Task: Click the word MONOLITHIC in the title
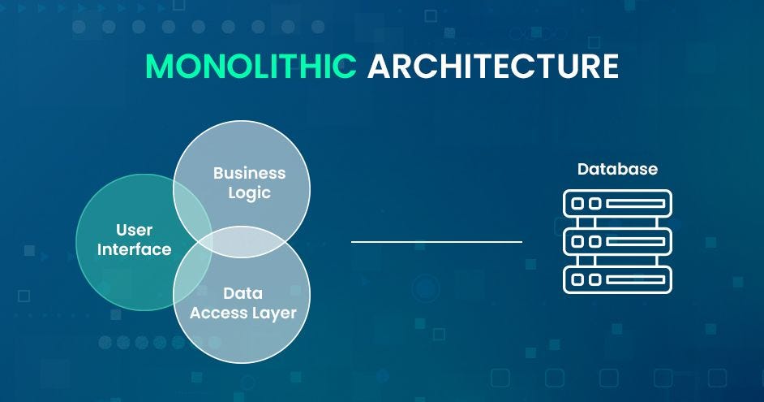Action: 251,66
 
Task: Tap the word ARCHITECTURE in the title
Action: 492,66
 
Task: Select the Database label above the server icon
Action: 617,170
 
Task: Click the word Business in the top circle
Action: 249,173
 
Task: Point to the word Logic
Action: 249,192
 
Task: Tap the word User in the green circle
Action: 135,231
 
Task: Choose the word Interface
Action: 135,249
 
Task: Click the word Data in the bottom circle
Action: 243,293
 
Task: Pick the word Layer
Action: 273,313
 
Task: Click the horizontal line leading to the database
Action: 436,241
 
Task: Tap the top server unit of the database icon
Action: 617,203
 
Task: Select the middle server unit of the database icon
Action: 617,241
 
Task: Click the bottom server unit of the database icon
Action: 617,279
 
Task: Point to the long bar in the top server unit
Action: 636,203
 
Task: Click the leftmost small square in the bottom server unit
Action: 578,279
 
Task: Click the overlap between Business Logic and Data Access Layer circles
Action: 243,243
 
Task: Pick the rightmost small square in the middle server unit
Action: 595,241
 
